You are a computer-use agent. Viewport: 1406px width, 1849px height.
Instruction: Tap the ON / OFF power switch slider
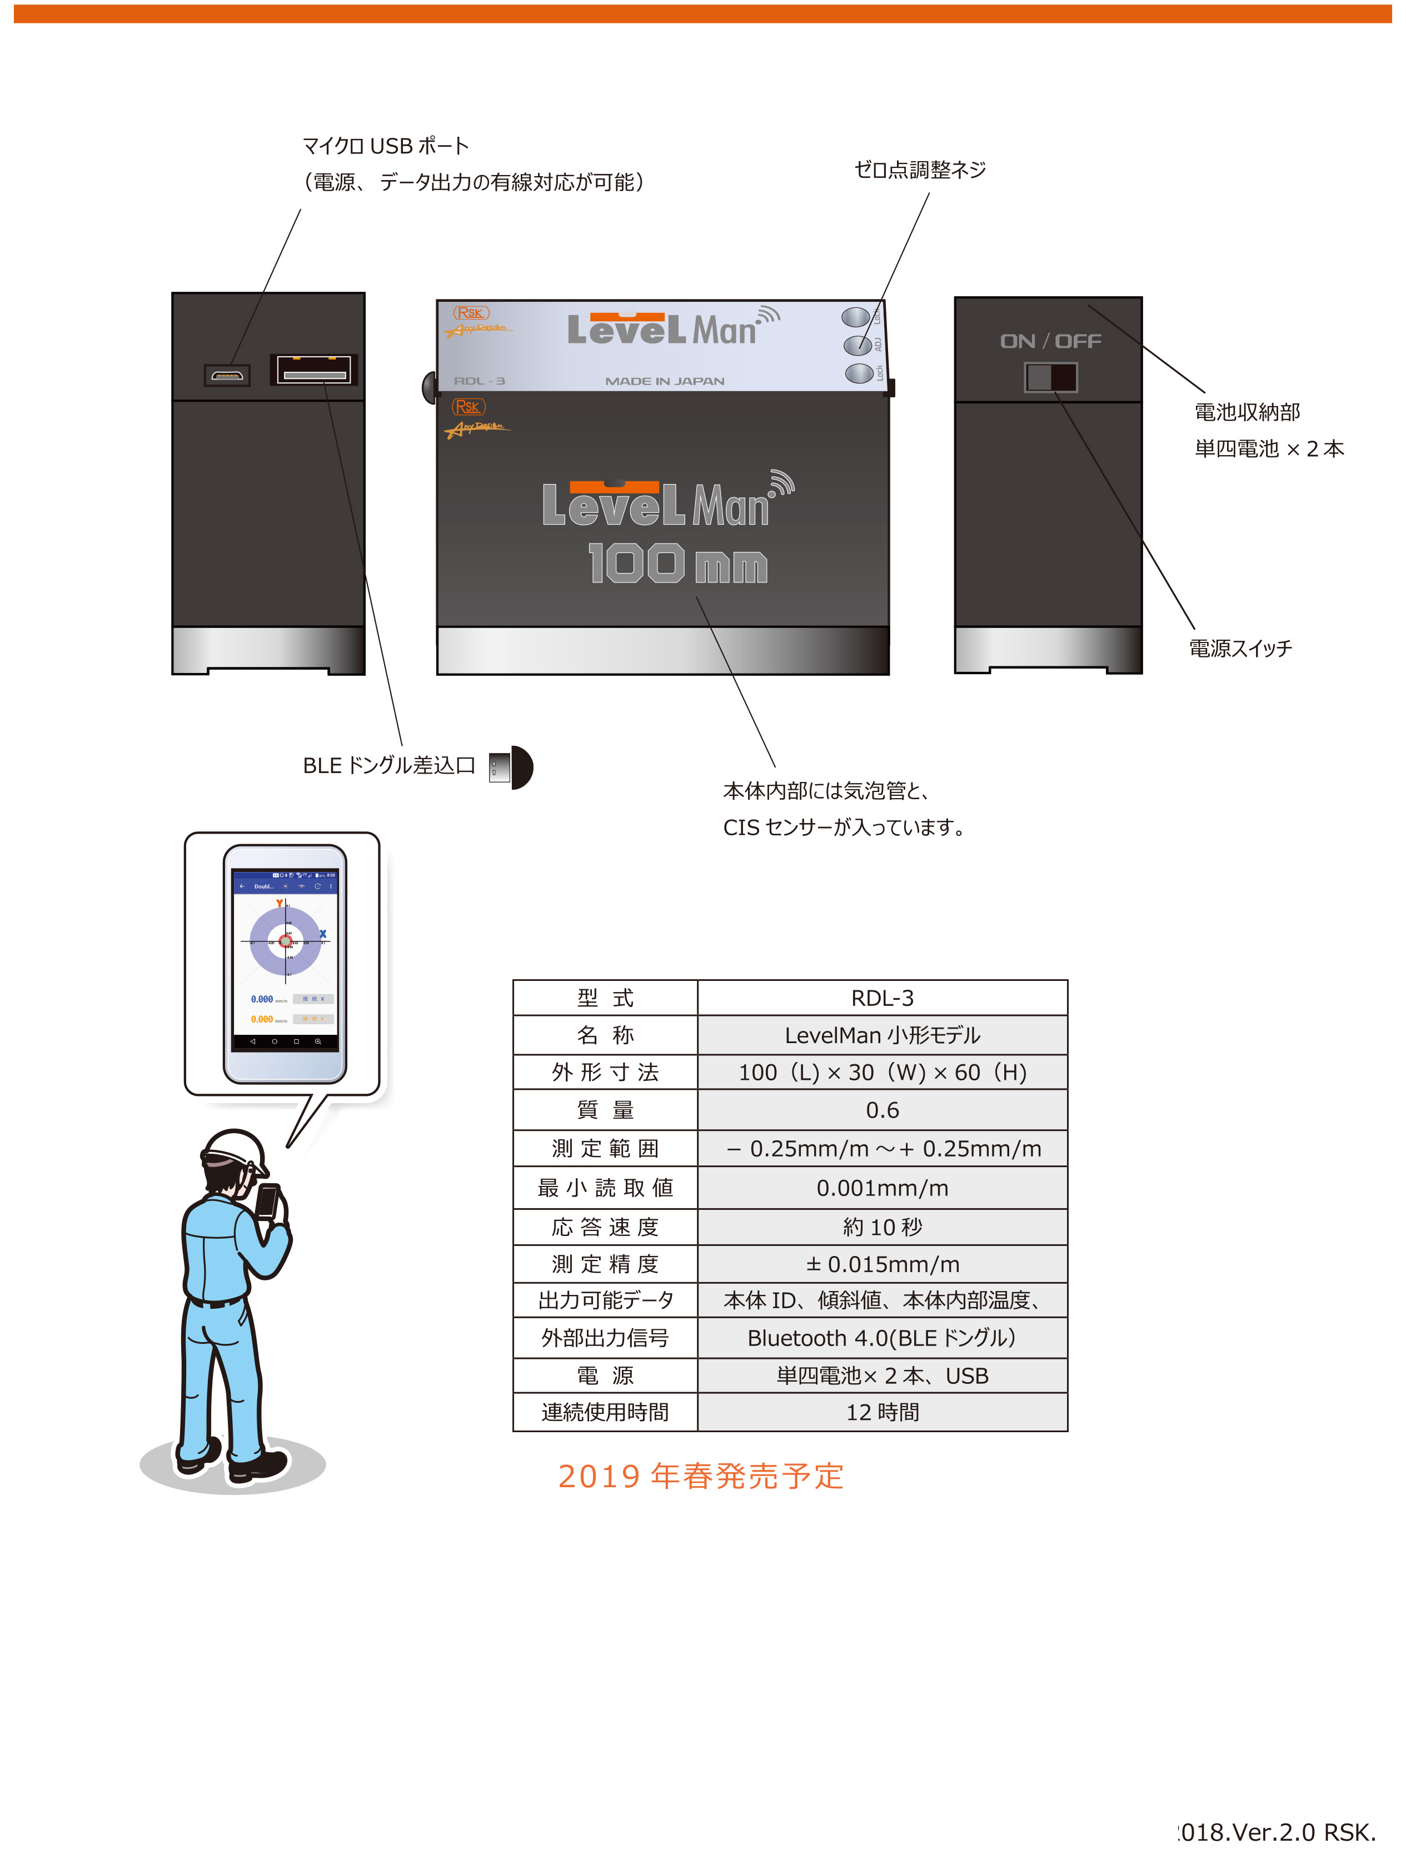coord(1051,377)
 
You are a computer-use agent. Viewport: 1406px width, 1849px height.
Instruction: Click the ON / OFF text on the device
coord(1050,341)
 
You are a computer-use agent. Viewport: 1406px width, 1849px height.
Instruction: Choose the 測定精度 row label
coord(605,1264)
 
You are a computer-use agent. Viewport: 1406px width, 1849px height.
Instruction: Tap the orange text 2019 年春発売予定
coord(701,1476)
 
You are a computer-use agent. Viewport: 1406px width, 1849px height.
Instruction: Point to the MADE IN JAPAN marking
coord(665,381)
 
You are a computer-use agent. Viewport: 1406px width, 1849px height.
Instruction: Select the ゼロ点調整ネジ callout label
coord(920,170)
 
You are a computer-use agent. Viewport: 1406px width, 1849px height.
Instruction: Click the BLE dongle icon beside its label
coord(511,767)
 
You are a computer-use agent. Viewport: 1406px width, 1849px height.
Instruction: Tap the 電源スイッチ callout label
coord(1240,648)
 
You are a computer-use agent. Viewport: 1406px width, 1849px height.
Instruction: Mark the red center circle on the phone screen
coord(286,941)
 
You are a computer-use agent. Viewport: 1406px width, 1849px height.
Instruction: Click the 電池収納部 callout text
coord(1247,412)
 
